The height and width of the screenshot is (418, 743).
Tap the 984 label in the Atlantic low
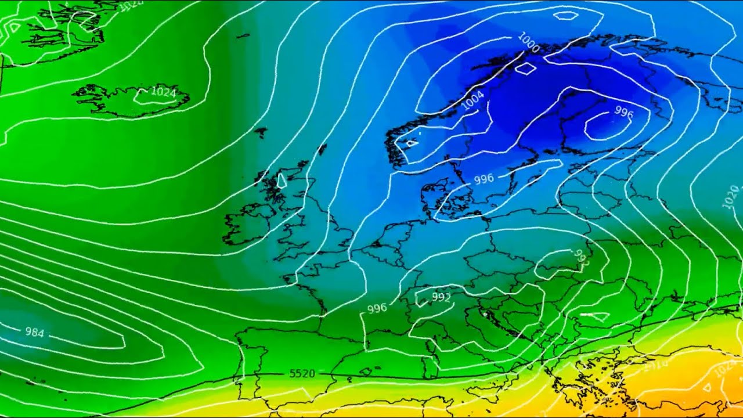pos(34,332)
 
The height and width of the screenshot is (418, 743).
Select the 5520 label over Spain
pos(302,373)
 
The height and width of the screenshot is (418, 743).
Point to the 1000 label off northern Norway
pos(528,43)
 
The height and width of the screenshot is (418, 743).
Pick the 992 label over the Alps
pos(441,298)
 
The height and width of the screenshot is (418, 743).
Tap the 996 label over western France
pos(377,308)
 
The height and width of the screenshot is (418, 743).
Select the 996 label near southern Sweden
pos(484,179)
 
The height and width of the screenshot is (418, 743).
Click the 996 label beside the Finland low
pos(623,112)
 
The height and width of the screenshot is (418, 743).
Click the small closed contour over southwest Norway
pos(411,142)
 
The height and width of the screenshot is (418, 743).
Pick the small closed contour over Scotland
pos(283,180)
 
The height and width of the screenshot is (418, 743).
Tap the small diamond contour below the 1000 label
pos(525,69)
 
